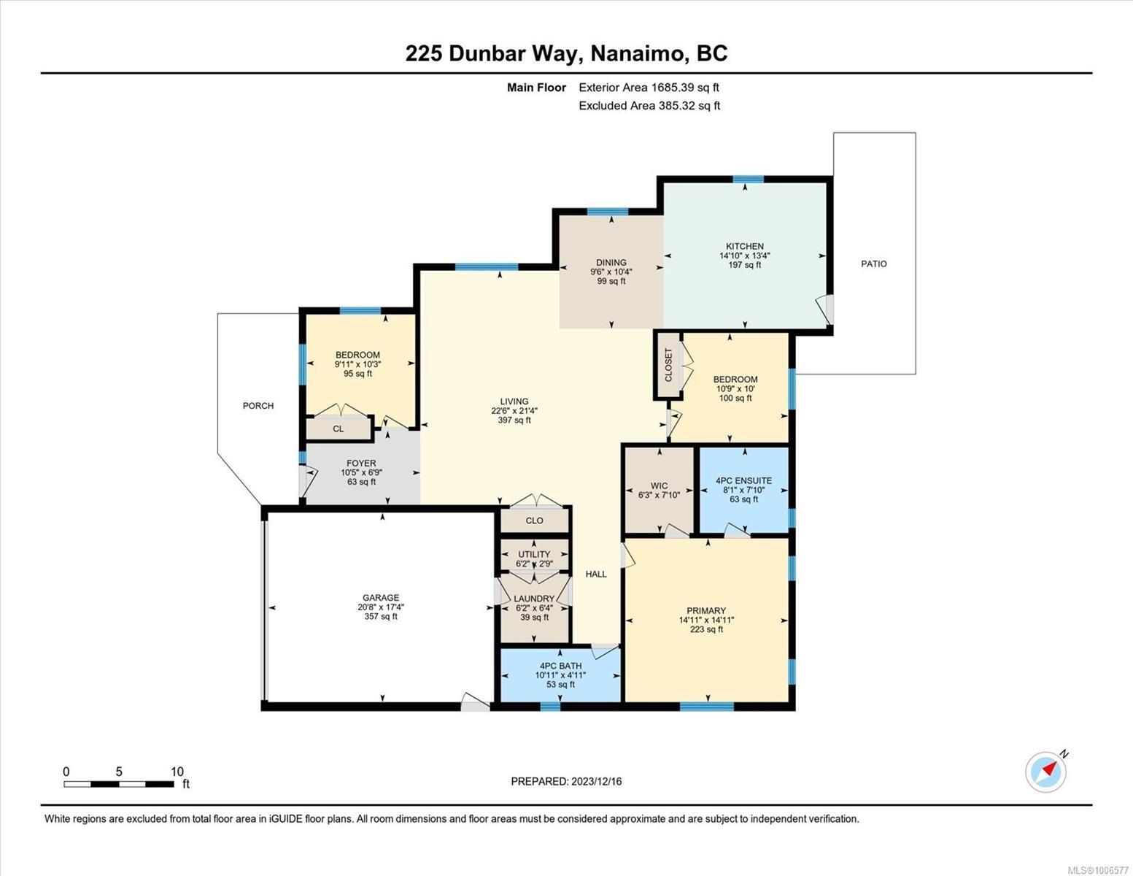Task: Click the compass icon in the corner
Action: click(1045, 772)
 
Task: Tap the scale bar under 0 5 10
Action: click(119, 783)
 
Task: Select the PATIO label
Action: click(874, 264)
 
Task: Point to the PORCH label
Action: click(258, 406)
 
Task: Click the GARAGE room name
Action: click(381, 598)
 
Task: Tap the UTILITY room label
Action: click(535, 555)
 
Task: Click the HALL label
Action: click(596, 574)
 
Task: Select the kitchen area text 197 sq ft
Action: click(745, 265)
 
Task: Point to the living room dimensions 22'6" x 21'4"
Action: click(514, 410)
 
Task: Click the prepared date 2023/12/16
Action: click(597, 782)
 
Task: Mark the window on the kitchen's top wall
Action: click(749, 180)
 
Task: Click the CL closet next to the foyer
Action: click(339, 429)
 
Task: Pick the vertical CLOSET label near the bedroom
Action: click(668, 365)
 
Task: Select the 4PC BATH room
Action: click(560, 675)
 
